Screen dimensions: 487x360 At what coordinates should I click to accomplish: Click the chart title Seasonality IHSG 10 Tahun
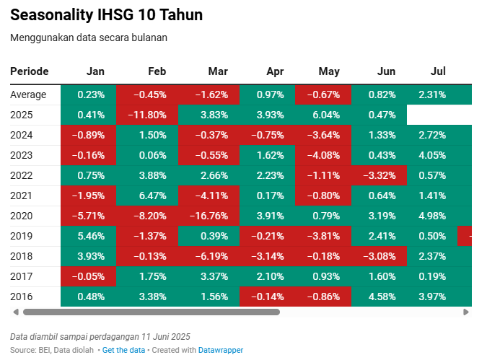[x=106, y=14]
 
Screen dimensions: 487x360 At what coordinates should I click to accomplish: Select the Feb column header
[x=157, y=71]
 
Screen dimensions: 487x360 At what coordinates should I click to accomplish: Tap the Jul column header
[x=438, y=71]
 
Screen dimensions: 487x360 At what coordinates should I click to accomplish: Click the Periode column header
[x=29, y=71]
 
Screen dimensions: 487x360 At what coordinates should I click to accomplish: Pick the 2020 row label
[x=21, y=216]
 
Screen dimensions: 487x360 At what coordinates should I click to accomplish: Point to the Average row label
[x=28, y=95]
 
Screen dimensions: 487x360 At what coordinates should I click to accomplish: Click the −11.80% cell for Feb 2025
[x=147, y=115]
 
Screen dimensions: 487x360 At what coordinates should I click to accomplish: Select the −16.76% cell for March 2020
[x=209, y=216]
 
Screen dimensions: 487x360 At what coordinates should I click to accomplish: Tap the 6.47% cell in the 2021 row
[x=147, y=196]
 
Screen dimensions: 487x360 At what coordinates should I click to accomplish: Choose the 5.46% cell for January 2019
[x=89, y=236]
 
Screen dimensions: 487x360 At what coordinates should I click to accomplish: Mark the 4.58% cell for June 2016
[x=379, y=297]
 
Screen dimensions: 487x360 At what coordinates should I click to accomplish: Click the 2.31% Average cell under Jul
[x=439, y=95]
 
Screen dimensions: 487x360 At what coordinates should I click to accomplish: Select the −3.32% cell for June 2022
[x=379, y=175]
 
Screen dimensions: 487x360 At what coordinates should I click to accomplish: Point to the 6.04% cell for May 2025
[x=323, y=115]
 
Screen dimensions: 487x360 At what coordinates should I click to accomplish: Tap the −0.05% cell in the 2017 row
[x=89, y=276]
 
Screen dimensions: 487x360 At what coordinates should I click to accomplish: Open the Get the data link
[x=123, y=350]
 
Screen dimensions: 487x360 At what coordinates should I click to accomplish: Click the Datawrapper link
[x=221, y=350]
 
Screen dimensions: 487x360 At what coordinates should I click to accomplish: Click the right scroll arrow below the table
[x=466, y=312]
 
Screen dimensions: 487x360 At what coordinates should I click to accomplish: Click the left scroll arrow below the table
[x=16, y=312]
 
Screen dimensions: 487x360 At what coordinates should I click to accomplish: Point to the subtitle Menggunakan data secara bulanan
[x=89, y=38]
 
